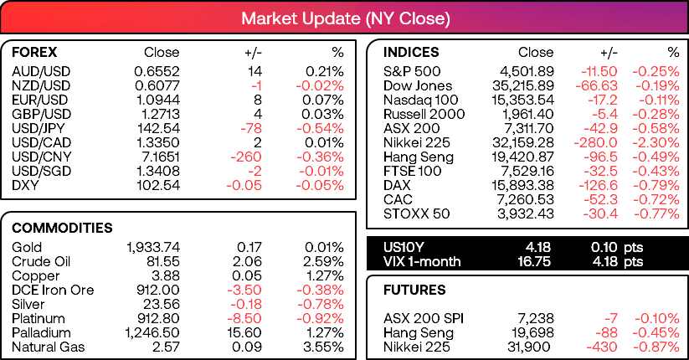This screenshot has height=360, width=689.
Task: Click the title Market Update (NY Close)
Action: (346, 19)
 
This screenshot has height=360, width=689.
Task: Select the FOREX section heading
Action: (34, 52)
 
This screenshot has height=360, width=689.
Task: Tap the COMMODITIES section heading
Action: (62, 228)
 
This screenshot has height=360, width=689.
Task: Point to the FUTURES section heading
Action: (414, 291)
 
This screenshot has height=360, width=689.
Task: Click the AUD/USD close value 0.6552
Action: (157, 71)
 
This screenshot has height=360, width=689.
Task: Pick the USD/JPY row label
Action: (39, 128)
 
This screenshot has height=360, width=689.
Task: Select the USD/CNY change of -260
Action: (246, 157)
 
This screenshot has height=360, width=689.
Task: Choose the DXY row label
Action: (25, 185)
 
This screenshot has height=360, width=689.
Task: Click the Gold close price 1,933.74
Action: (153, 247)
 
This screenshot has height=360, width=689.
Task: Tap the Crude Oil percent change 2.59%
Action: (323, 261)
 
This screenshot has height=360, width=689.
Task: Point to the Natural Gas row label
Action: (49, 347)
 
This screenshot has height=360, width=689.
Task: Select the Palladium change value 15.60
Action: (244, 332)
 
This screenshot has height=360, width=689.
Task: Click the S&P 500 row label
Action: (412, 71)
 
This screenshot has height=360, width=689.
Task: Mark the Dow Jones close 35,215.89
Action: (523, 85)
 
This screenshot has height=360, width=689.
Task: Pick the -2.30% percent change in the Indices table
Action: (656, 142)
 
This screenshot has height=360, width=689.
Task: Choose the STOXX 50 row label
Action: (417, 213)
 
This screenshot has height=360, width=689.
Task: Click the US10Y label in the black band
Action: (404, 247)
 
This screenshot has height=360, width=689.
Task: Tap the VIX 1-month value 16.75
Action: (534, 261)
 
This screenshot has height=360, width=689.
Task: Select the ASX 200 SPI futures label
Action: (424, 318)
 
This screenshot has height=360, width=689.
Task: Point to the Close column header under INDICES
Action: (536, 52)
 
